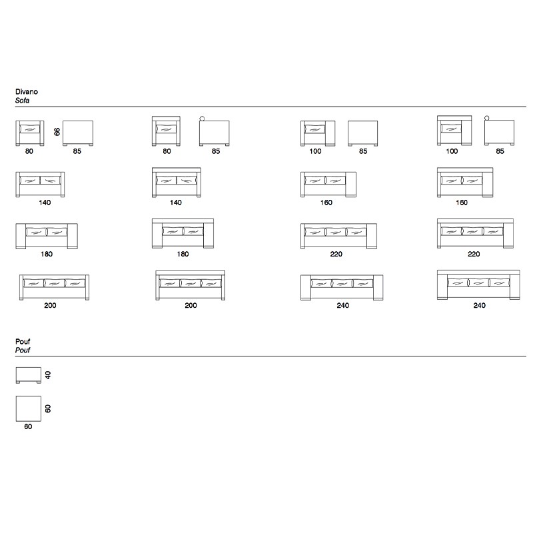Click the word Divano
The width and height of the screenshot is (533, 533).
(27, 91)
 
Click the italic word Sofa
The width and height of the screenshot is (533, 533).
(22, 101)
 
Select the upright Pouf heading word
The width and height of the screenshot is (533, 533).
(23, 341)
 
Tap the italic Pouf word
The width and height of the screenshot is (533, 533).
(23, 350)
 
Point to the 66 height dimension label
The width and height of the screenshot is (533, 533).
(57, 131)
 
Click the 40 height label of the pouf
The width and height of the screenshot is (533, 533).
(48, 375)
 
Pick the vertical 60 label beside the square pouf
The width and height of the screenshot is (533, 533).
(48, 408)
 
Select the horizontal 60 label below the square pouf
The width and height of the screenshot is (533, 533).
(28, 426)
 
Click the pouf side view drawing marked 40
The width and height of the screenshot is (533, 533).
(29, 375)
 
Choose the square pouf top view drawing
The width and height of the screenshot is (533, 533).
(29, 408)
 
